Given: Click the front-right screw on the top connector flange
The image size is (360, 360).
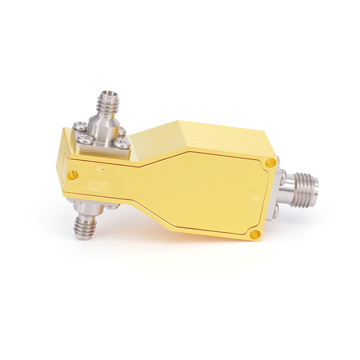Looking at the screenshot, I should coord(121,144).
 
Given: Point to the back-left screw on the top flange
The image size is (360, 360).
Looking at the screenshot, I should coord(79,127).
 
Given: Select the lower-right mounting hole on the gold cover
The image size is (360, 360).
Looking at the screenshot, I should coord(255,233).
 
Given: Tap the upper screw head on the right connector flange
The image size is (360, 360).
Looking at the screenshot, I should coord(283,172).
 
